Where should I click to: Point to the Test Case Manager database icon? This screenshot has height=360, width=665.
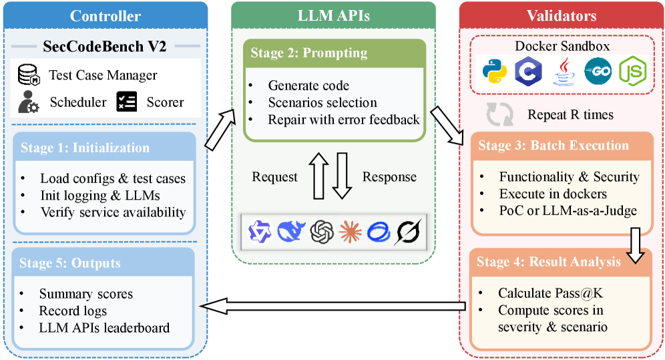(x=29, y=75)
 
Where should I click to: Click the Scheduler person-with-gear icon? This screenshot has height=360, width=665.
(x=29, y=103)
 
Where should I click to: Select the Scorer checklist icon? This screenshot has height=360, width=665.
(x=126, y=102)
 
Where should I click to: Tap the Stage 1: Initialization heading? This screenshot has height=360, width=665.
(x=85, y=148)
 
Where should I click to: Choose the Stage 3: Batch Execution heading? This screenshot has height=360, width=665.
(x=553, y=146)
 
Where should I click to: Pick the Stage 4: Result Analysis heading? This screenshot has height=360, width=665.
(x=549, y=262)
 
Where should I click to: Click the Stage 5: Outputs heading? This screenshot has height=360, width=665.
(x=70, y=262)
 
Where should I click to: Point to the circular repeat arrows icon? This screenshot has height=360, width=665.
(x=499, y=115)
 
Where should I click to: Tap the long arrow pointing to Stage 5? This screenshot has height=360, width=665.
(x=334, y=306)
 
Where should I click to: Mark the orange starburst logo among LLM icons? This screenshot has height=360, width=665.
(x=351, y=231)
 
